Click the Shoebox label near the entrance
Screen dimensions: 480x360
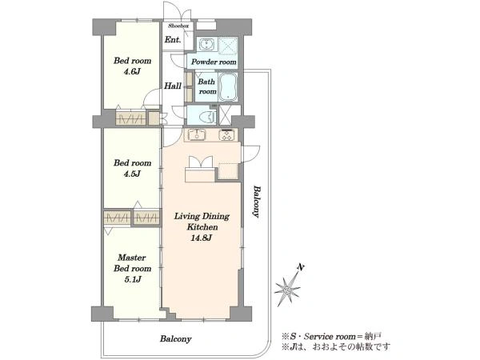178,26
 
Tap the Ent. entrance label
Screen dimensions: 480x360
173,39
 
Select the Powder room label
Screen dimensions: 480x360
214,62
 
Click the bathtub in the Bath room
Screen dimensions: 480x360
227,86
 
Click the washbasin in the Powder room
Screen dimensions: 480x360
207,45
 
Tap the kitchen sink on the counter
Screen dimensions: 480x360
197,134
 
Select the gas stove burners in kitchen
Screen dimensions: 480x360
227,135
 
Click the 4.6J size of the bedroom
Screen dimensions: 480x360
132,72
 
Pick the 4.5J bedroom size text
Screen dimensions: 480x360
132,174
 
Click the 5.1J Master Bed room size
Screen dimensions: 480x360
132,279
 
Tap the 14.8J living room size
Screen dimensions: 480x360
202,238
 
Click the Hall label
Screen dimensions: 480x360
173,86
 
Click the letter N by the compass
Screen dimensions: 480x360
301,268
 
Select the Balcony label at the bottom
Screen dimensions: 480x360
176,339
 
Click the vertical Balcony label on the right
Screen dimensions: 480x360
257,202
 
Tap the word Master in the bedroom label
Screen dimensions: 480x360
132,258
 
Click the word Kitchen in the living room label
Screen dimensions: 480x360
202,227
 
